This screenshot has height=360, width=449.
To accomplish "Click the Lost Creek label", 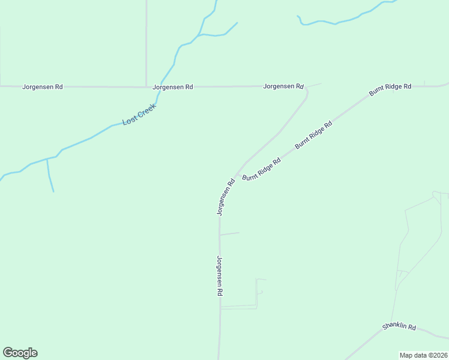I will [139, 114].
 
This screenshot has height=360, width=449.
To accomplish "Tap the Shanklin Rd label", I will [399, 327].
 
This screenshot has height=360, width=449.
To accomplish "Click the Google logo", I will [20, 353].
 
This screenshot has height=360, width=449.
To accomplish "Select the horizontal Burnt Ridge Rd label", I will [390, 87].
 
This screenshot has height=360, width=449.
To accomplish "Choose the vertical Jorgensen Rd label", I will [220, 275].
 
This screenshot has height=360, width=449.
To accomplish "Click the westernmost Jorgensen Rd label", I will [42, 86].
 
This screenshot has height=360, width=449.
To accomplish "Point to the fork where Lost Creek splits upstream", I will [200, 35].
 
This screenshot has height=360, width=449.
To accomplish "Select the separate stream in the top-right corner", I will [342, 21].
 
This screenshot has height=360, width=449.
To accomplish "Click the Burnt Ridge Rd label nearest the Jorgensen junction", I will [261, 169].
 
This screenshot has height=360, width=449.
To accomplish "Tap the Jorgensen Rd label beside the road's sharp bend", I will [283, 86].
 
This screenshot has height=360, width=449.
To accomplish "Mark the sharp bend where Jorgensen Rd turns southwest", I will [306, 92].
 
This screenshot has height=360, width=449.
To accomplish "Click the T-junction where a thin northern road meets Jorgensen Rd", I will [146, 86].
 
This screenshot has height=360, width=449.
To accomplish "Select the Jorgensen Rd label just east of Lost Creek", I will [173, 86].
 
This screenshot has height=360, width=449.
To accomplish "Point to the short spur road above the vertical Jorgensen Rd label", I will [230, 233].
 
